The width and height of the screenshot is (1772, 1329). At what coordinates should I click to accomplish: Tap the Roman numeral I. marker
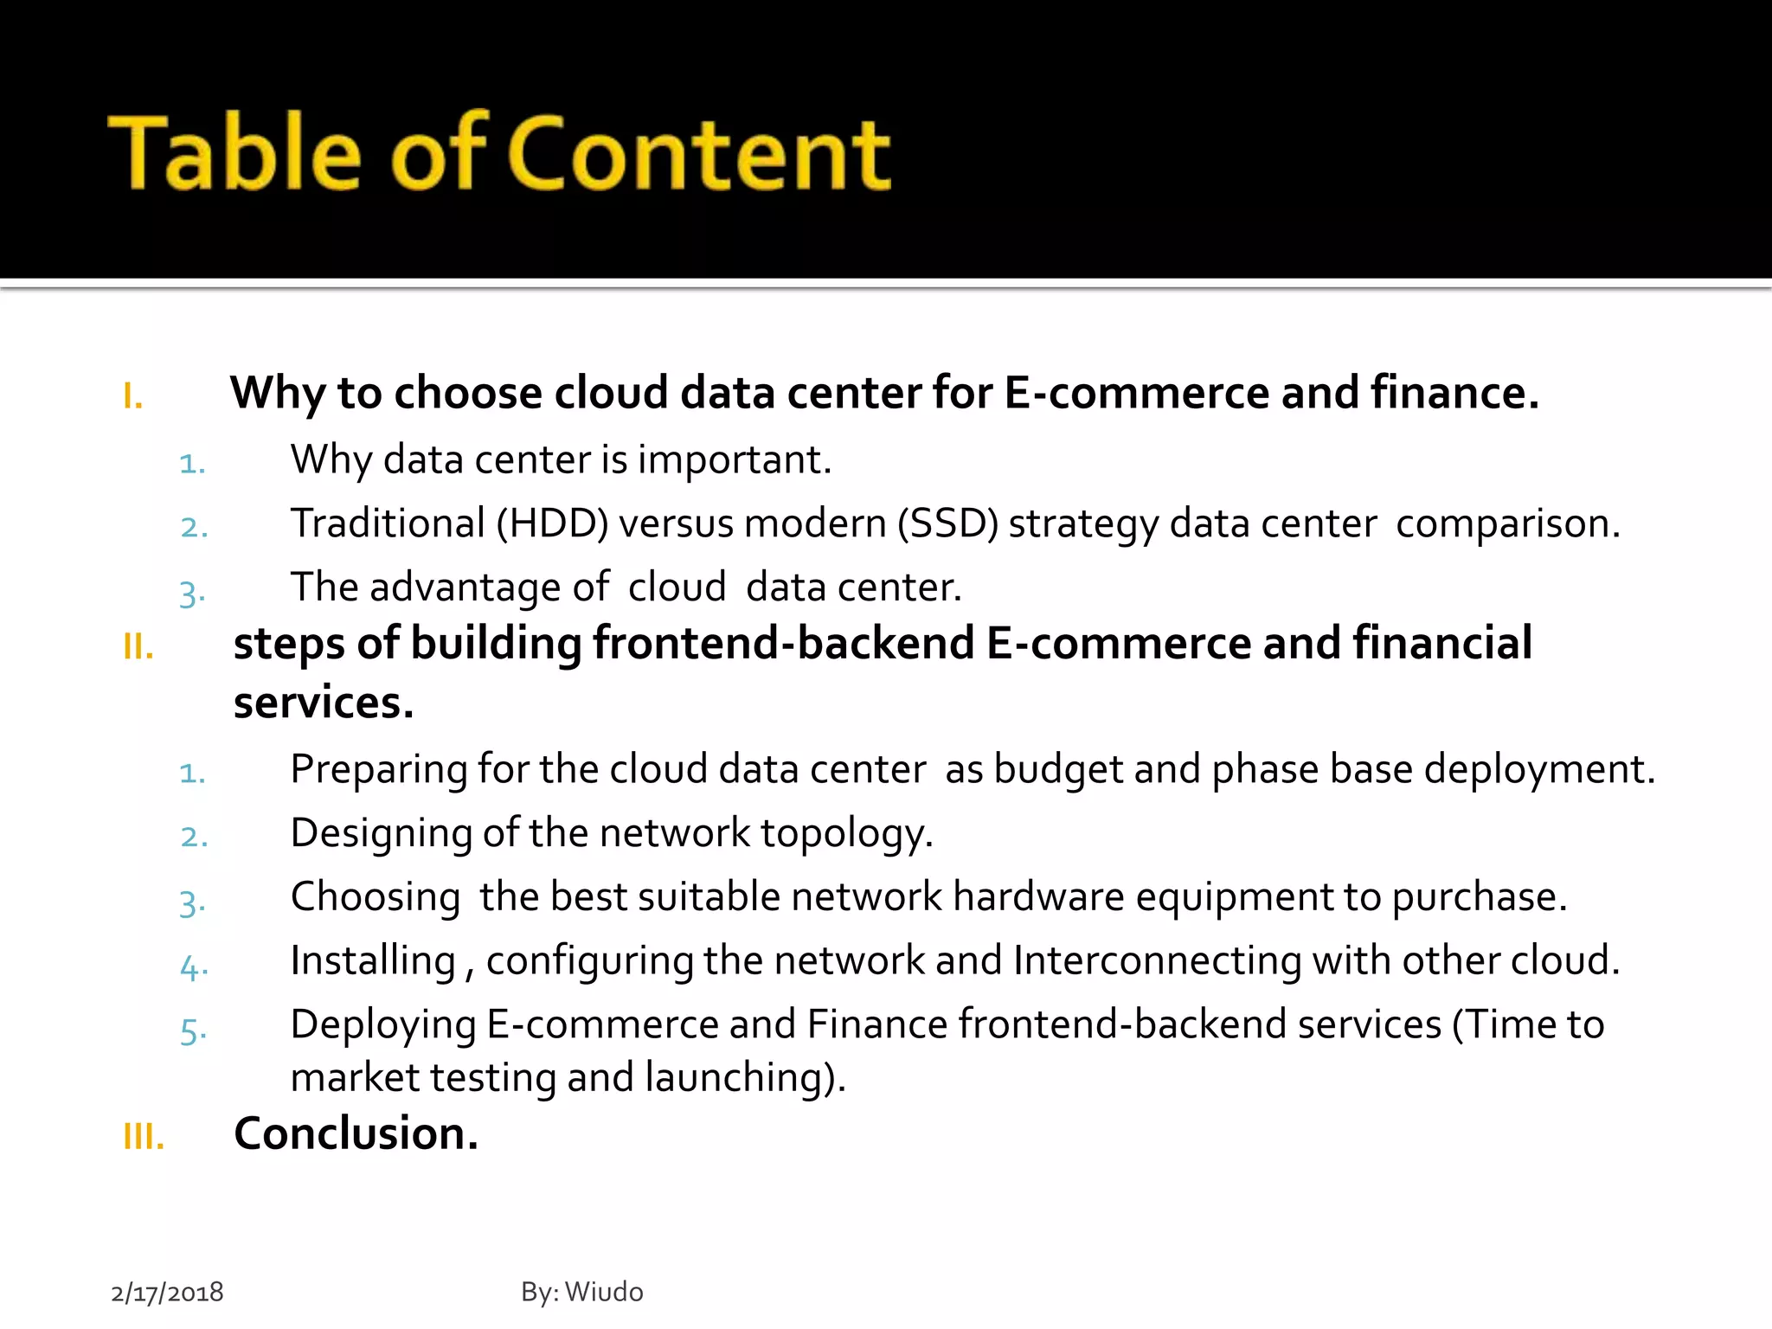pos(132,396)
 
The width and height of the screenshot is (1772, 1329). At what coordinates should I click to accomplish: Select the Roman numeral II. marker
pos(138,646)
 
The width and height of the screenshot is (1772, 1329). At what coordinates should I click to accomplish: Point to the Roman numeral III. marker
pos(144,1136)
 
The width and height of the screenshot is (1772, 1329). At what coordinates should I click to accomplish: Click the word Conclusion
pos(356,1133)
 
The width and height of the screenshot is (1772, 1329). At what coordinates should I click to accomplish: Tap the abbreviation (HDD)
pos(552,523)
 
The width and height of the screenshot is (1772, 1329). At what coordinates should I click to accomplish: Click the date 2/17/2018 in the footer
pos(167,1292)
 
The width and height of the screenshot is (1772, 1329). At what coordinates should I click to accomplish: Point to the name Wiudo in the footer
pos(604,1292)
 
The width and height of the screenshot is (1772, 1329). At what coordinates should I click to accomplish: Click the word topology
pos(846,834)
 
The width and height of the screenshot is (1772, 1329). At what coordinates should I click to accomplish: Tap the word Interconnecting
pos(1157,960)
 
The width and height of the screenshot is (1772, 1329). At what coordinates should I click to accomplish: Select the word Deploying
pos(383,1025)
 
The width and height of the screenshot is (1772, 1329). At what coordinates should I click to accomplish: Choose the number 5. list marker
pos(193,1030)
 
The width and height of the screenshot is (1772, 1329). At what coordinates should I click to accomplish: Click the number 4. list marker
pos(193,966)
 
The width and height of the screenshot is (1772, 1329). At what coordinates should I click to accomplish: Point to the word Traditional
pos(388,523)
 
